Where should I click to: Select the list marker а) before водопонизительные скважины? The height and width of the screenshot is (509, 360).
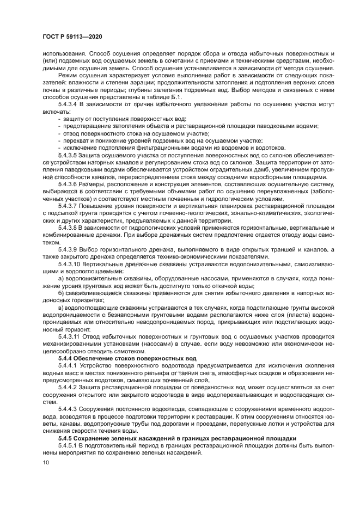[61, 278]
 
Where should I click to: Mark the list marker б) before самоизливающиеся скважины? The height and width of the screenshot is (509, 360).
[61, 292]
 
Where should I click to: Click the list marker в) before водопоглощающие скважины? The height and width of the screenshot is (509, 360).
[61, 307]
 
